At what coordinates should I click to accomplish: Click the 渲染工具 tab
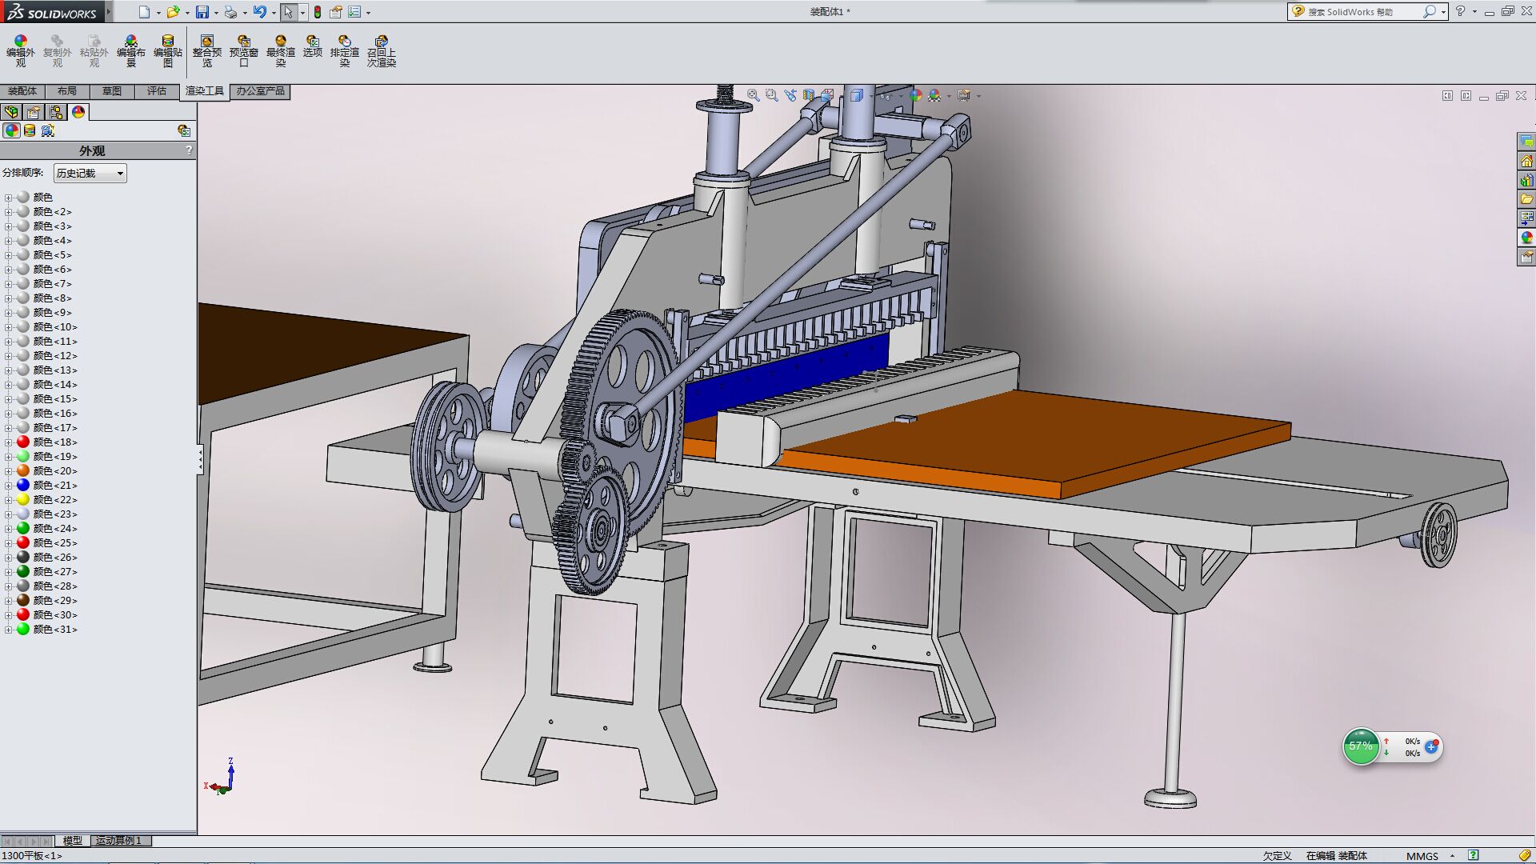coord(204,91)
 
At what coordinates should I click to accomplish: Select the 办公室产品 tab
coord(260,91)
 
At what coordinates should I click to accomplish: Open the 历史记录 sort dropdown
coord(90,173)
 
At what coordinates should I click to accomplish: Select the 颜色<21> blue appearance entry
coord(54,486)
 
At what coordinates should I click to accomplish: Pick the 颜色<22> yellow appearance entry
coord(54,500)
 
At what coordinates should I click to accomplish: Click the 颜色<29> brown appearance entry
coord(54,601)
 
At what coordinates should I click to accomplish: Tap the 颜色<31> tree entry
coord(54,630)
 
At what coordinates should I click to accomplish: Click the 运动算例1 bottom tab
coord(118,841)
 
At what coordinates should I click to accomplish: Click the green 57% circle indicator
coord(1360,746)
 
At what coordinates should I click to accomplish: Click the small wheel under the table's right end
coord(1438,534)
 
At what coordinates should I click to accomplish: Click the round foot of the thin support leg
coord(1170,798)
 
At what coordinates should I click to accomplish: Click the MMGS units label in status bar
coord(1422,856)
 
